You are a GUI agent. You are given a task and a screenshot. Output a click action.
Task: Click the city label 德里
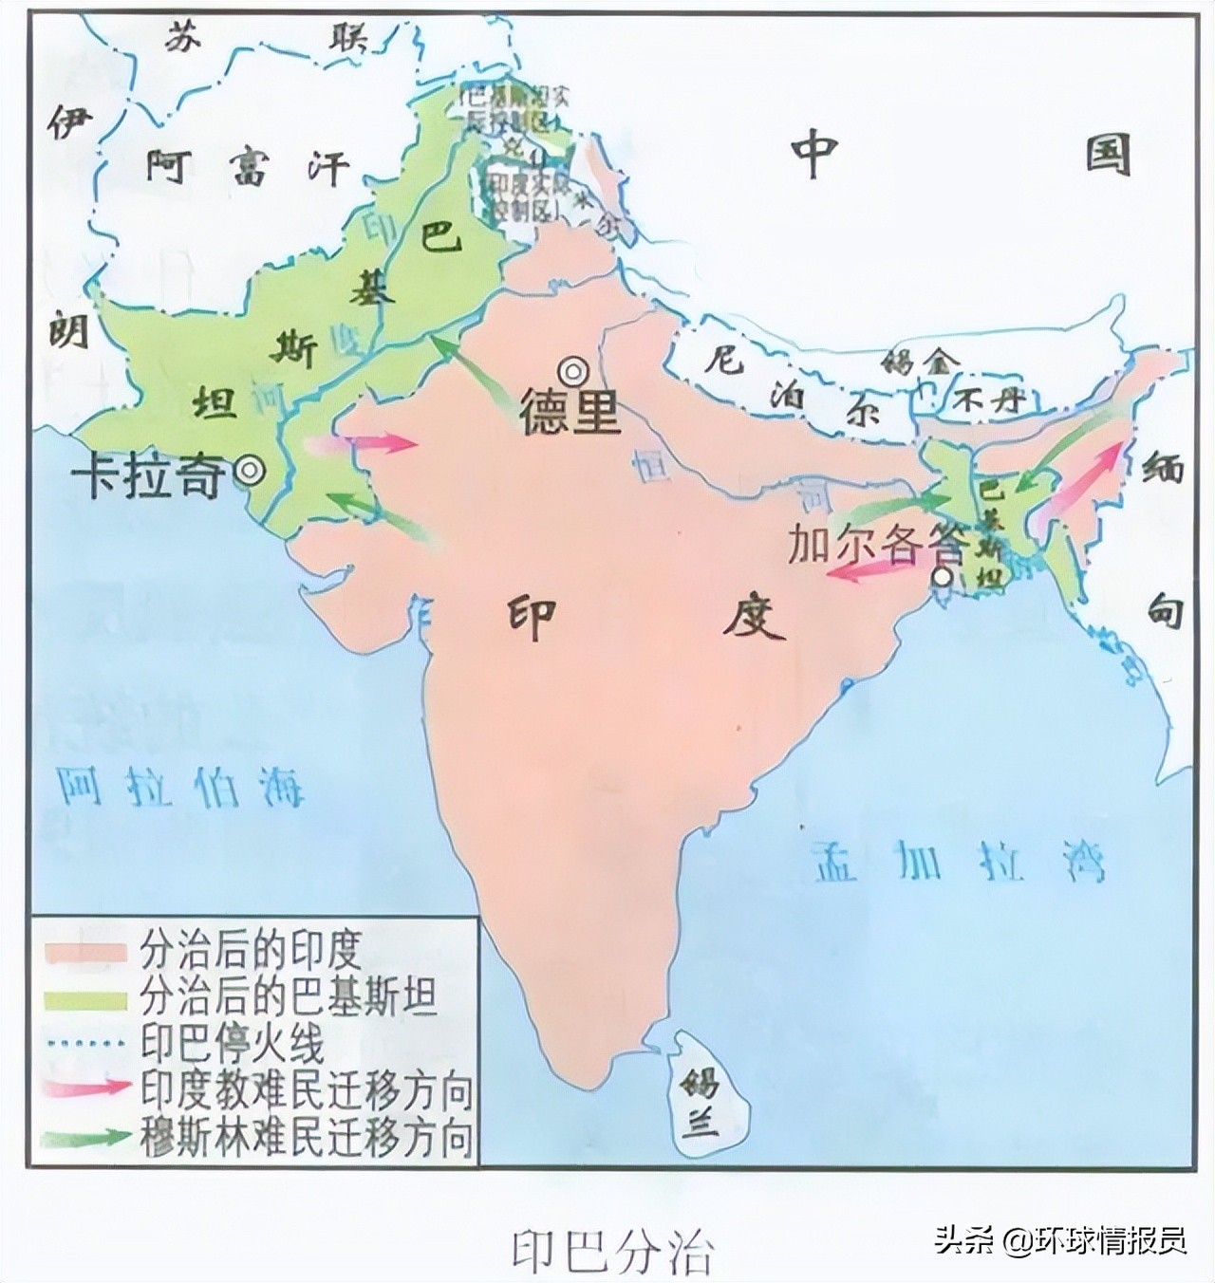[x=570, y=412]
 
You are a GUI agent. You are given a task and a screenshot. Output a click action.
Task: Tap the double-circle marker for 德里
[x=573, y=370]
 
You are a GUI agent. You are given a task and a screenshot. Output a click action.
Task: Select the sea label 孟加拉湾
[x=959, y=862]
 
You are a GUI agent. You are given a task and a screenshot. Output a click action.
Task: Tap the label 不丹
[x=992, y=400]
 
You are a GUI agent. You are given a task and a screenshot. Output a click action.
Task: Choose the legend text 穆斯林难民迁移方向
[x=306, y=1135]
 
